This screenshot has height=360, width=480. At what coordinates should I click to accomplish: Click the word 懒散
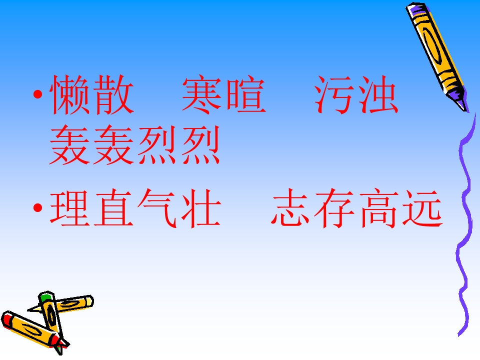92,94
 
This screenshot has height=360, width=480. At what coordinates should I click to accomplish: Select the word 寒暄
223,94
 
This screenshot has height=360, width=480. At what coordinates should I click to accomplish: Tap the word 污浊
356,94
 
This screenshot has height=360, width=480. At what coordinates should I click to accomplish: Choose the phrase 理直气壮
135,209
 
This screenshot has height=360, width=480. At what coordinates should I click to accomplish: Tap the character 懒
70,94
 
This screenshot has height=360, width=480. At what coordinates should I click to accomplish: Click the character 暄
245,94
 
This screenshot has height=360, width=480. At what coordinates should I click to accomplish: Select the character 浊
378,94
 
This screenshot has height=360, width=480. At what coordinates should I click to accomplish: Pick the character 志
292,209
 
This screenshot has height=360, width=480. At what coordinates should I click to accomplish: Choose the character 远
421,209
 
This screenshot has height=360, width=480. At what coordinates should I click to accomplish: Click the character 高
378,209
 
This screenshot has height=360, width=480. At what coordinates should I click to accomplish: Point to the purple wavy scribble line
467,225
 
